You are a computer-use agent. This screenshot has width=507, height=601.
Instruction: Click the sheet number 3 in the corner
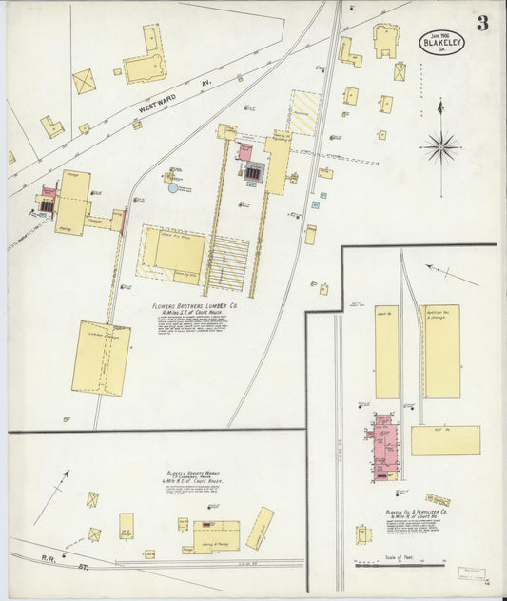(482, 23)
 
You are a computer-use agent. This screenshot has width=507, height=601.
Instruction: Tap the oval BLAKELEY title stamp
(442, 42)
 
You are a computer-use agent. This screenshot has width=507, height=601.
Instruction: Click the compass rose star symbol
(440, 146)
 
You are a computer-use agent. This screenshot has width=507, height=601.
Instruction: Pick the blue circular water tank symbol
(172, 188)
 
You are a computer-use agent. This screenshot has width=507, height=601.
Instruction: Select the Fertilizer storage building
(441, 351)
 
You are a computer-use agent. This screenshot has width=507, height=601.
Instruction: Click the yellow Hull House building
(445, 439)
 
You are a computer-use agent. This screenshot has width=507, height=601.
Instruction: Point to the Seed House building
(386, 351)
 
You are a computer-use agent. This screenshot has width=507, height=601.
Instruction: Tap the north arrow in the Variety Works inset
(52, 495)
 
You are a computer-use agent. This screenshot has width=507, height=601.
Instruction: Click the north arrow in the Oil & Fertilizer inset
(452, 276)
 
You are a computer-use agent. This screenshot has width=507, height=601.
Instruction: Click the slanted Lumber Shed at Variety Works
(260, 528)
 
